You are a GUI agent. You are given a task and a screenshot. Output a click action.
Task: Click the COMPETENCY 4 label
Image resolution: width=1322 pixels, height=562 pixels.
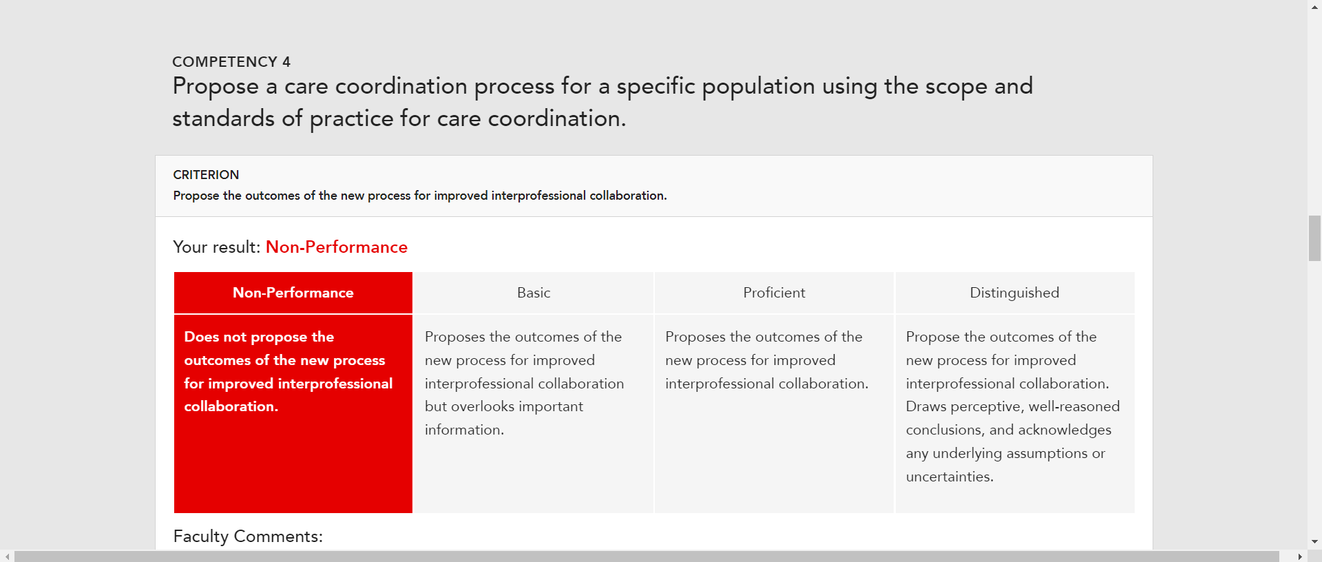(231, 62)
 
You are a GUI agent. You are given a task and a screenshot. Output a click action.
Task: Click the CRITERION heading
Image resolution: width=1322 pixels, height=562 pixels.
(206, 175)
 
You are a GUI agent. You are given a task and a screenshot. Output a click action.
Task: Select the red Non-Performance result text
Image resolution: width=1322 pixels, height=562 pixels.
(337, 247)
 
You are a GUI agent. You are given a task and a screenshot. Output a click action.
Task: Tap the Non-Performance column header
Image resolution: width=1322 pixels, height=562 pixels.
(293, 293)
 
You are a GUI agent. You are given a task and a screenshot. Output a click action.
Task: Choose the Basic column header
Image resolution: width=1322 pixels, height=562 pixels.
(534, 293)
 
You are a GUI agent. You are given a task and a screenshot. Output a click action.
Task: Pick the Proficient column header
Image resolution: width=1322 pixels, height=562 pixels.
(774, 293)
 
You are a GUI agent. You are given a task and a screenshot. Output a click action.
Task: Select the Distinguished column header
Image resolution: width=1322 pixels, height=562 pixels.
(1015, 293)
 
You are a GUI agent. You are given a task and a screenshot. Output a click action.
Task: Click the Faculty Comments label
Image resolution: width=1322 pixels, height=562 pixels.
(248, 537)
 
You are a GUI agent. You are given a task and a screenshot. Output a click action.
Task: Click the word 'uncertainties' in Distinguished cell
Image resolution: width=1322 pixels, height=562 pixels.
(949, 477)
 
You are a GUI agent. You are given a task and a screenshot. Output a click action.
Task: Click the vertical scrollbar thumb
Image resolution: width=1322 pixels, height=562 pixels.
(1314, 238)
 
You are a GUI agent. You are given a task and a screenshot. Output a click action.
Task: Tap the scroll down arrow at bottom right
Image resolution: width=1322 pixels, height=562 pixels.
(1314, 542)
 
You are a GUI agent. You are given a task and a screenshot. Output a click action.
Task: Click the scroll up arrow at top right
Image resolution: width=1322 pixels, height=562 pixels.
(1314, 6)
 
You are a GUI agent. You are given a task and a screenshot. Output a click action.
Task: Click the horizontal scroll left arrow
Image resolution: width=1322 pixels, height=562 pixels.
(7, 556)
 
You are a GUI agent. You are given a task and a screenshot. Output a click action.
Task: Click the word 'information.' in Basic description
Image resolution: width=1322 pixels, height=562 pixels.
(464, 430)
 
